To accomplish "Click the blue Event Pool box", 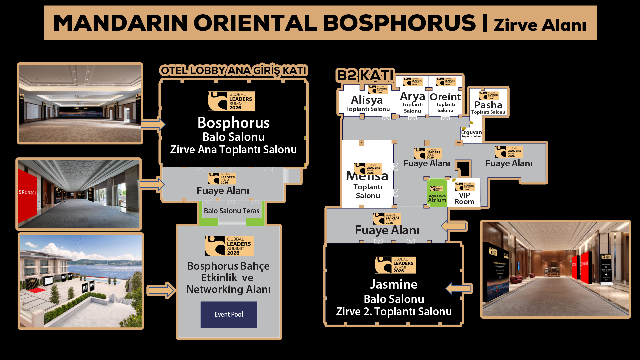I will point(229,314).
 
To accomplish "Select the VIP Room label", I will point(464,198).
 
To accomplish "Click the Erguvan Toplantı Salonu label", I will point(471,133).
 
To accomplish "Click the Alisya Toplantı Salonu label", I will point(367,104).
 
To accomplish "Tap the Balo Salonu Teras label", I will point(231,211).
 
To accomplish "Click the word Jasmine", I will point(394,284).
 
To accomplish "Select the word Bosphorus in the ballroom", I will point(233,123).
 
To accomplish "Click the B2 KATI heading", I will point(365,75).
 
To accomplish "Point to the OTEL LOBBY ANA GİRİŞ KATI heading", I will point(233,70).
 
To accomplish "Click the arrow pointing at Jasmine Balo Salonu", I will point(459,288).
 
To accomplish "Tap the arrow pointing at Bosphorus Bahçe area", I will point(161,290).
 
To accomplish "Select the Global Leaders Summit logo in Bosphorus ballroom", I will point(231,101).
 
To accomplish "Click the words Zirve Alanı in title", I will point(540,25).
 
